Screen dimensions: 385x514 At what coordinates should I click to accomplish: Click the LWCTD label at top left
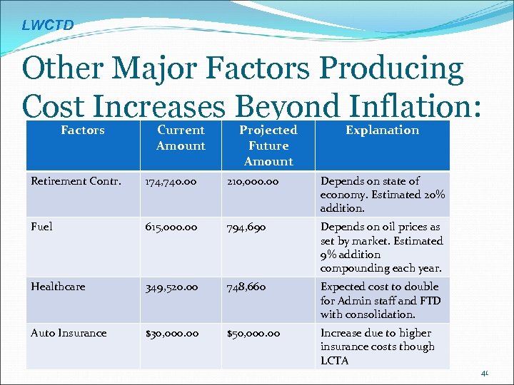click(x=47, y=26)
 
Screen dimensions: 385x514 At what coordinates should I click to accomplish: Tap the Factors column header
click(x=83, y=130)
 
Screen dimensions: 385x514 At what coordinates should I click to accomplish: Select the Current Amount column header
click(x=181, y=138)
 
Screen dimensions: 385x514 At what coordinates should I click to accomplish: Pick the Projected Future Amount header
click(x=268, y=145)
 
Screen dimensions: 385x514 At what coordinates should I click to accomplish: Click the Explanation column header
click(x=382, y=130)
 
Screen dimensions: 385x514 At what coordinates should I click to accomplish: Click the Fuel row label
click(x=41, y=227)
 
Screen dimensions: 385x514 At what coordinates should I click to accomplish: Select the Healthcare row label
click(x=58, y=287)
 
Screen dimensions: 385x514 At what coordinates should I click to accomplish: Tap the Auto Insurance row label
click(x=69, y=333)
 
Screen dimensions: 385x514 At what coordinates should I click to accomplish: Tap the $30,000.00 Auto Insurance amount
click(x=175, y=333)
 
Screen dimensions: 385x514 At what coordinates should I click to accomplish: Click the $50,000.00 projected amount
click(x=253, y=333)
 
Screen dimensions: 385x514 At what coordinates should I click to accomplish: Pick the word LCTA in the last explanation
click(x=335, y=360)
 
